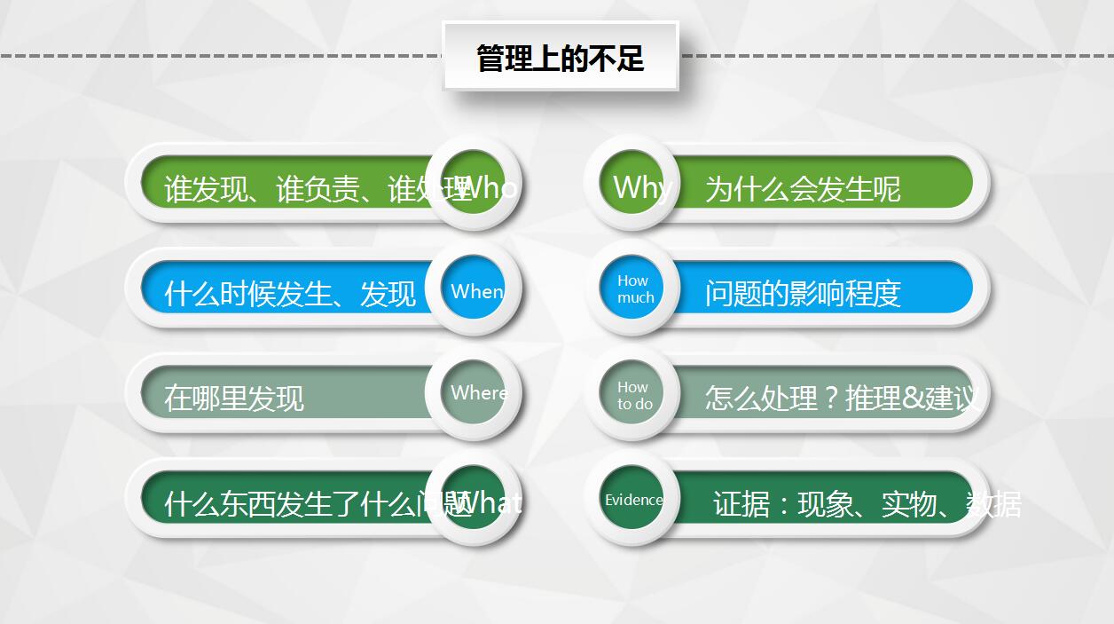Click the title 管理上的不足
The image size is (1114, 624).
560,59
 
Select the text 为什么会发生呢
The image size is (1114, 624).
803,189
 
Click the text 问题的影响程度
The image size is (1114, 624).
803,293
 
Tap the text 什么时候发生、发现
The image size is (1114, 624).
290,293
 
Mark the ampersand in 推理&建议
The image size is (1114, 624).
912,398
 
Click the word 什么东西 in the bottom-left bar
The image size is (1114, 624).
219,504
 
